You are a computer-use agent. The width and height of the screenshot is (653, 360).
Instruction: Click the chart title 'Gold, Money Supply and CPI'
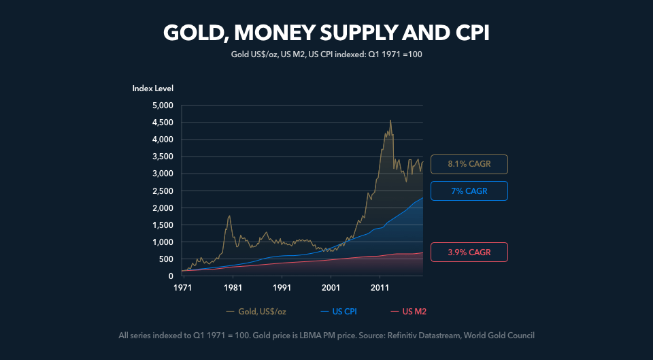(326, 33)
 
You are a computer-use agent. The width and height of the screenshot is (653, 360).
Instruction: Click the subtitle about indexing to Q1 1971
(326, 54)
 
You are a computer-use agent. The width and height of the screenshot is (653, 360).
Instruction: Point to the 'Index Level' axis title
(152, 88)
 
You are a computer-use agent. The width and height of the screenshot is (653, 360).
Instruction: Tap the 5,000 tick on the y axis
(162, 105)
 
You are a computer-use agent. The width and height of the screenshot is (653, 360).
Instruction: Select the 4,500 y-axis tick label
(162, 122)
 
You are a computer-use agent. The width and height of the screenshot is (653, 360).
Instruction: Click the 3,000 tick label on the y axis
(162, 174)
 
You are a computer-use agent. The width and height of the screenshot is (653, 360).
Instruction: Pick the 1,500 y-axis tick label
(162, 225)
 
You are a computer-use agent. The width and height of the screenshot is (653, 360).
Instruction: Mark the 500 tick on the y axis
(165, 259)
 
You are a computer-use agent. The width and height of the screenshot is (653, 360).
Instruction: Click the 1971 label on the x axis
(182, 287)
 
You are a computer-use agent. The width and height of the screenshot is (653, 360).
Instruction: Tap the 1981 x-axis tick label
(233, 287)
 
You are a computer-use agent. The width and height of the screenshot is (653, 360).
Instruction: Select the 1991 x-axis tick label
(282, 287)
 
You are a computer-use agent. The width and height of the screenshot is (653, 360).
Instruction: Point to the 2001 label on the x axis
(331, 287)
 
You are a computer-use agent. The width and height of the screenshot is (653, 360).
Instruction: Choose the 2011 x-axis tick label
(380, 287)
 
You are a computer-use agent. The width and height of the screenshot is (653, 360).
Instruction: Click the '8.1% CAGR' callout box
(469, 164)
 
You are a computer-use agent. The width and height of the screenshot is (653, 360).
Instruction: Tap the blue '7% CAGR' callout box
(469, 191)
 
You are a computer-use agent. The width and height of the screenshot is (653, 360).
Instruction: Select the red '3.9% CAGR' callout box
(469, 252)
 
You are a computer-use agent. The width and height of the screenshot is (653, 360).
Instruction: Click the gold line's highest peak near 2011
(390, 120)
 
